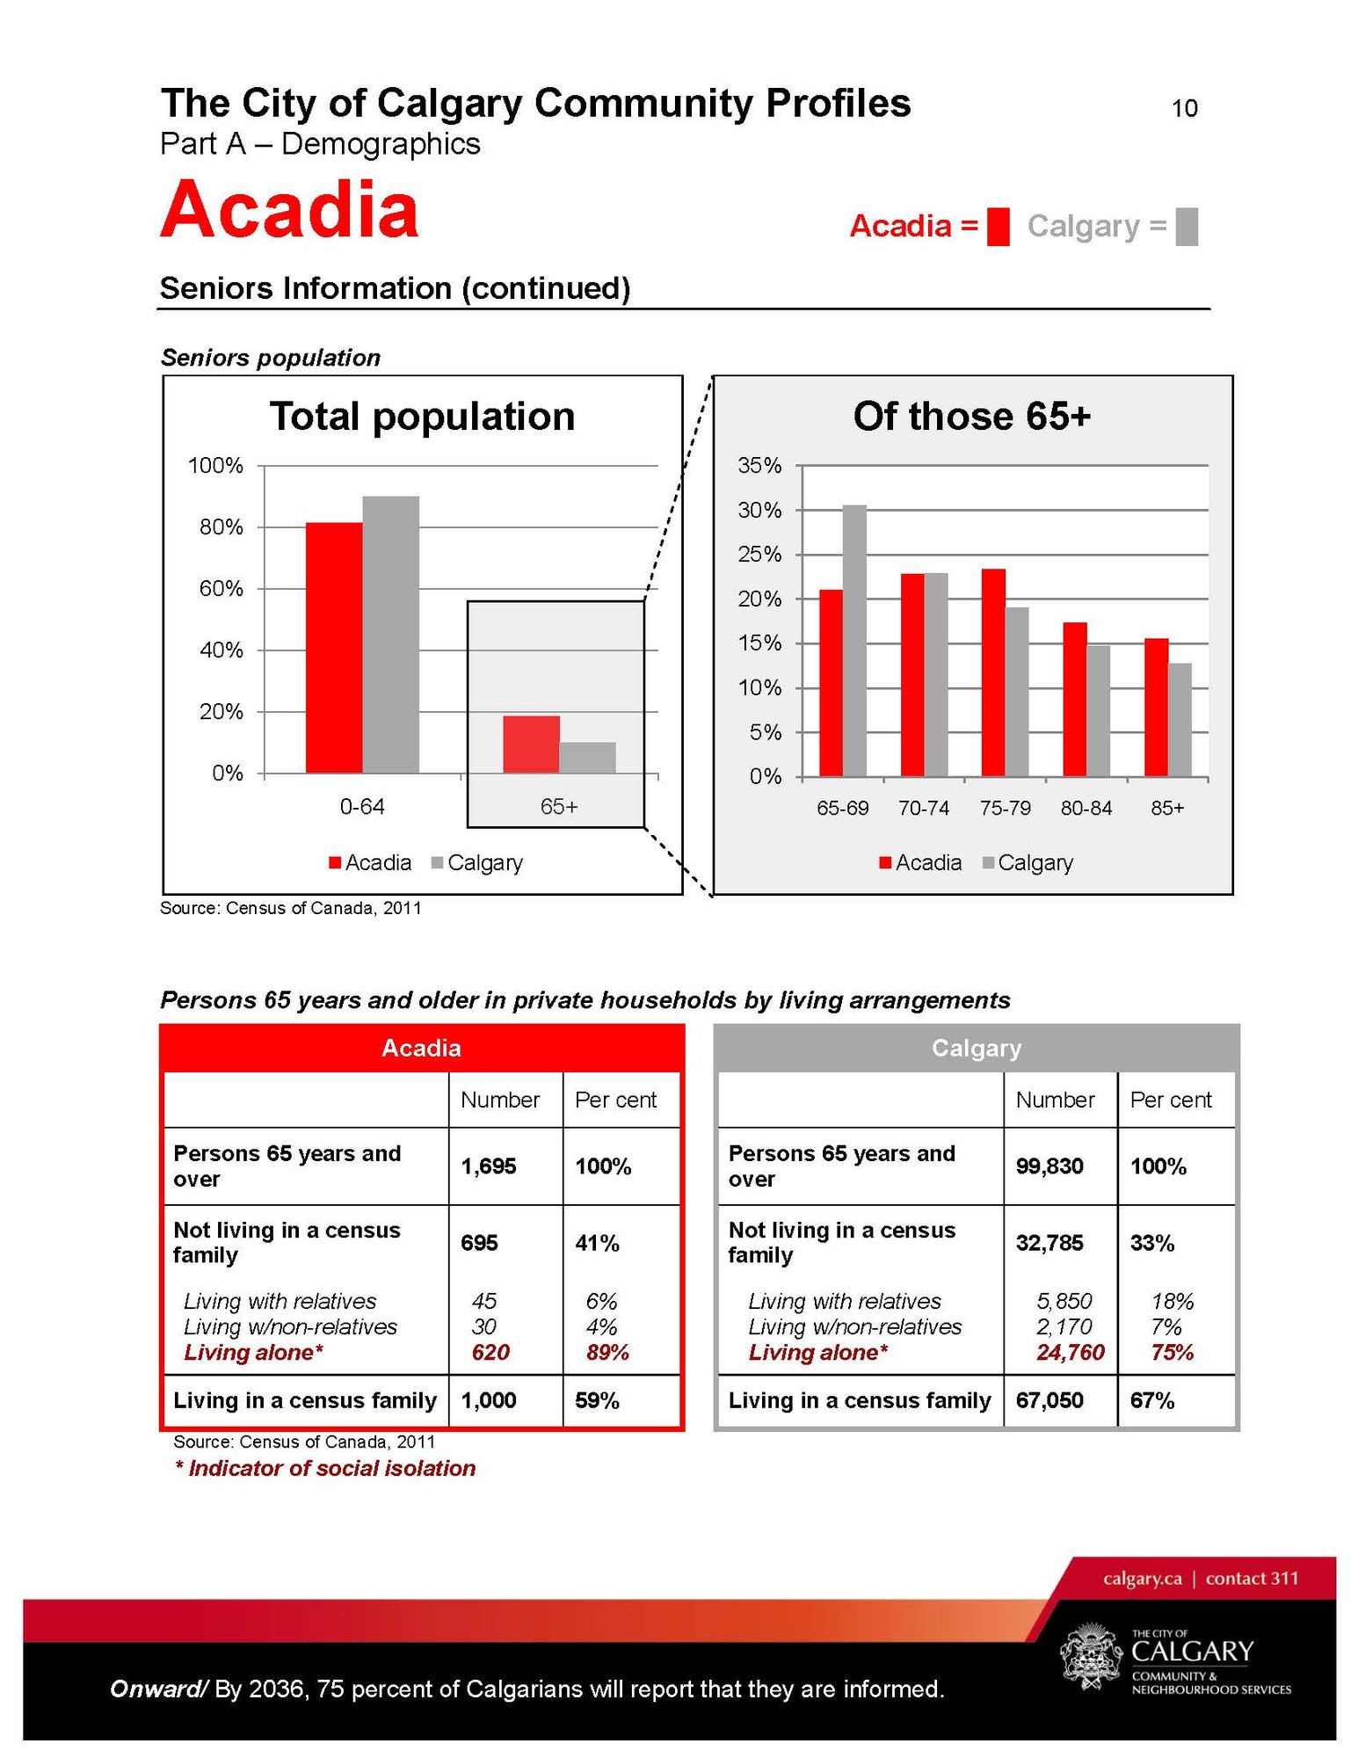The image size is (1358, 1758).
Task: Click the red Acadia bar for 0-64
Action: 333,648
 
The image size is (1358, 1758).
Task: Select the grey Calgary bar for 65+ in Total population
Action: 587,758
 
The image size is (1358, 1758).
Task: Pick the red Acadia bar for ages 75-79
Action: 993,672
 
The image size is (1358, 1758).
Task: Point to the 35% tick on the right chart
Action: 759,466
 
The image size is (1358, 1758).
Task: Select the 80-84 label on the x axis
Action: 1086,808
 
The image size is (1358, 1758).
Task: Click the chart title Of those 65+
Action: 971,417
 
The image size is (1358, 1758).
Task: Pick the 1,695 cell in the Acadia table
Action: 489,1166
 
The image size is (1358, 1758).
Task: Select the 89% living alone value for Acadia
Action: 607,1353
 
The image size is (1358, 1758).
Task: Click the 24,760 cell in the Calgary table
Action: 1070,1353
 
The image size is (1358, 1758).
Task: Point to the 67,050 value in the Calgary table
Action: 1049,1400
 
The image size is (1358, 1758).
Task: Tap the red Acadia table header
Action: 421,1048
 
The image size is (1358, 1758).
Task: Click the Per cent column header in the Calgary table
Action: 1170,1100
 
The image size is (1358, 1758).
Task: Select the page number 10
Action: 1184,108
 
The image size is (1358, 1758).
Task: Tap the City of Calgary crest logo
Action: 1091,1656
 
